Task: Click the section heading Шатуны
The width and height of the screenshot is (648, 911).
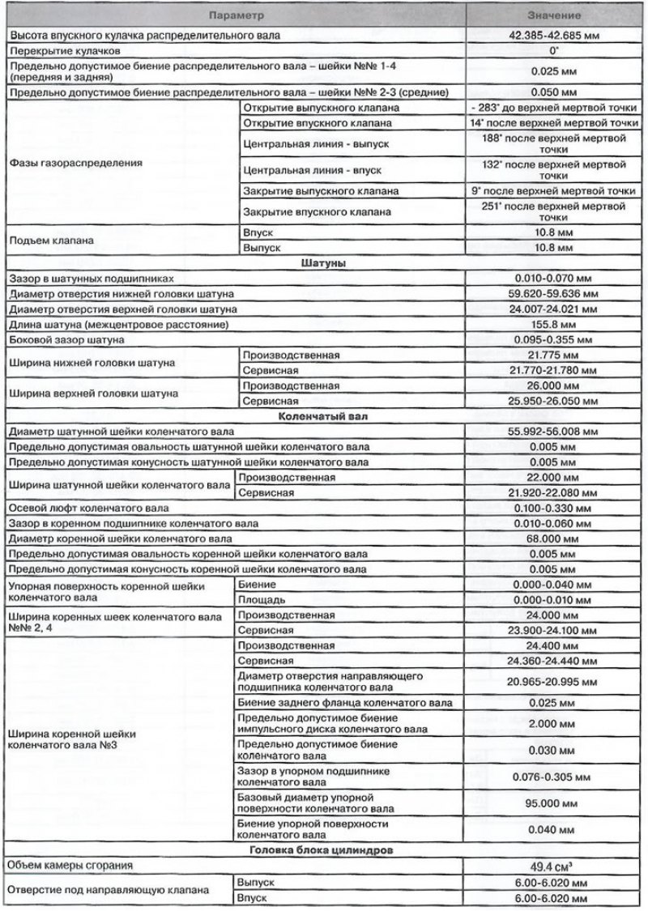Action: click(324, 263)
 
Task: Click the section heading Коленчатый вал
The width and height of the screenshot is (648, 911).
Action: click(324, 416)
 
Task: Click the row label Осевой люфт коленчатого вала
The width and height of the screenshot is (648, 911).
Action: click(88, 508)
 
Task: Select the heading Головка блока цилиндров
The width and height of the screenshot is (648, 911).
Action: click(324, 849)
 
